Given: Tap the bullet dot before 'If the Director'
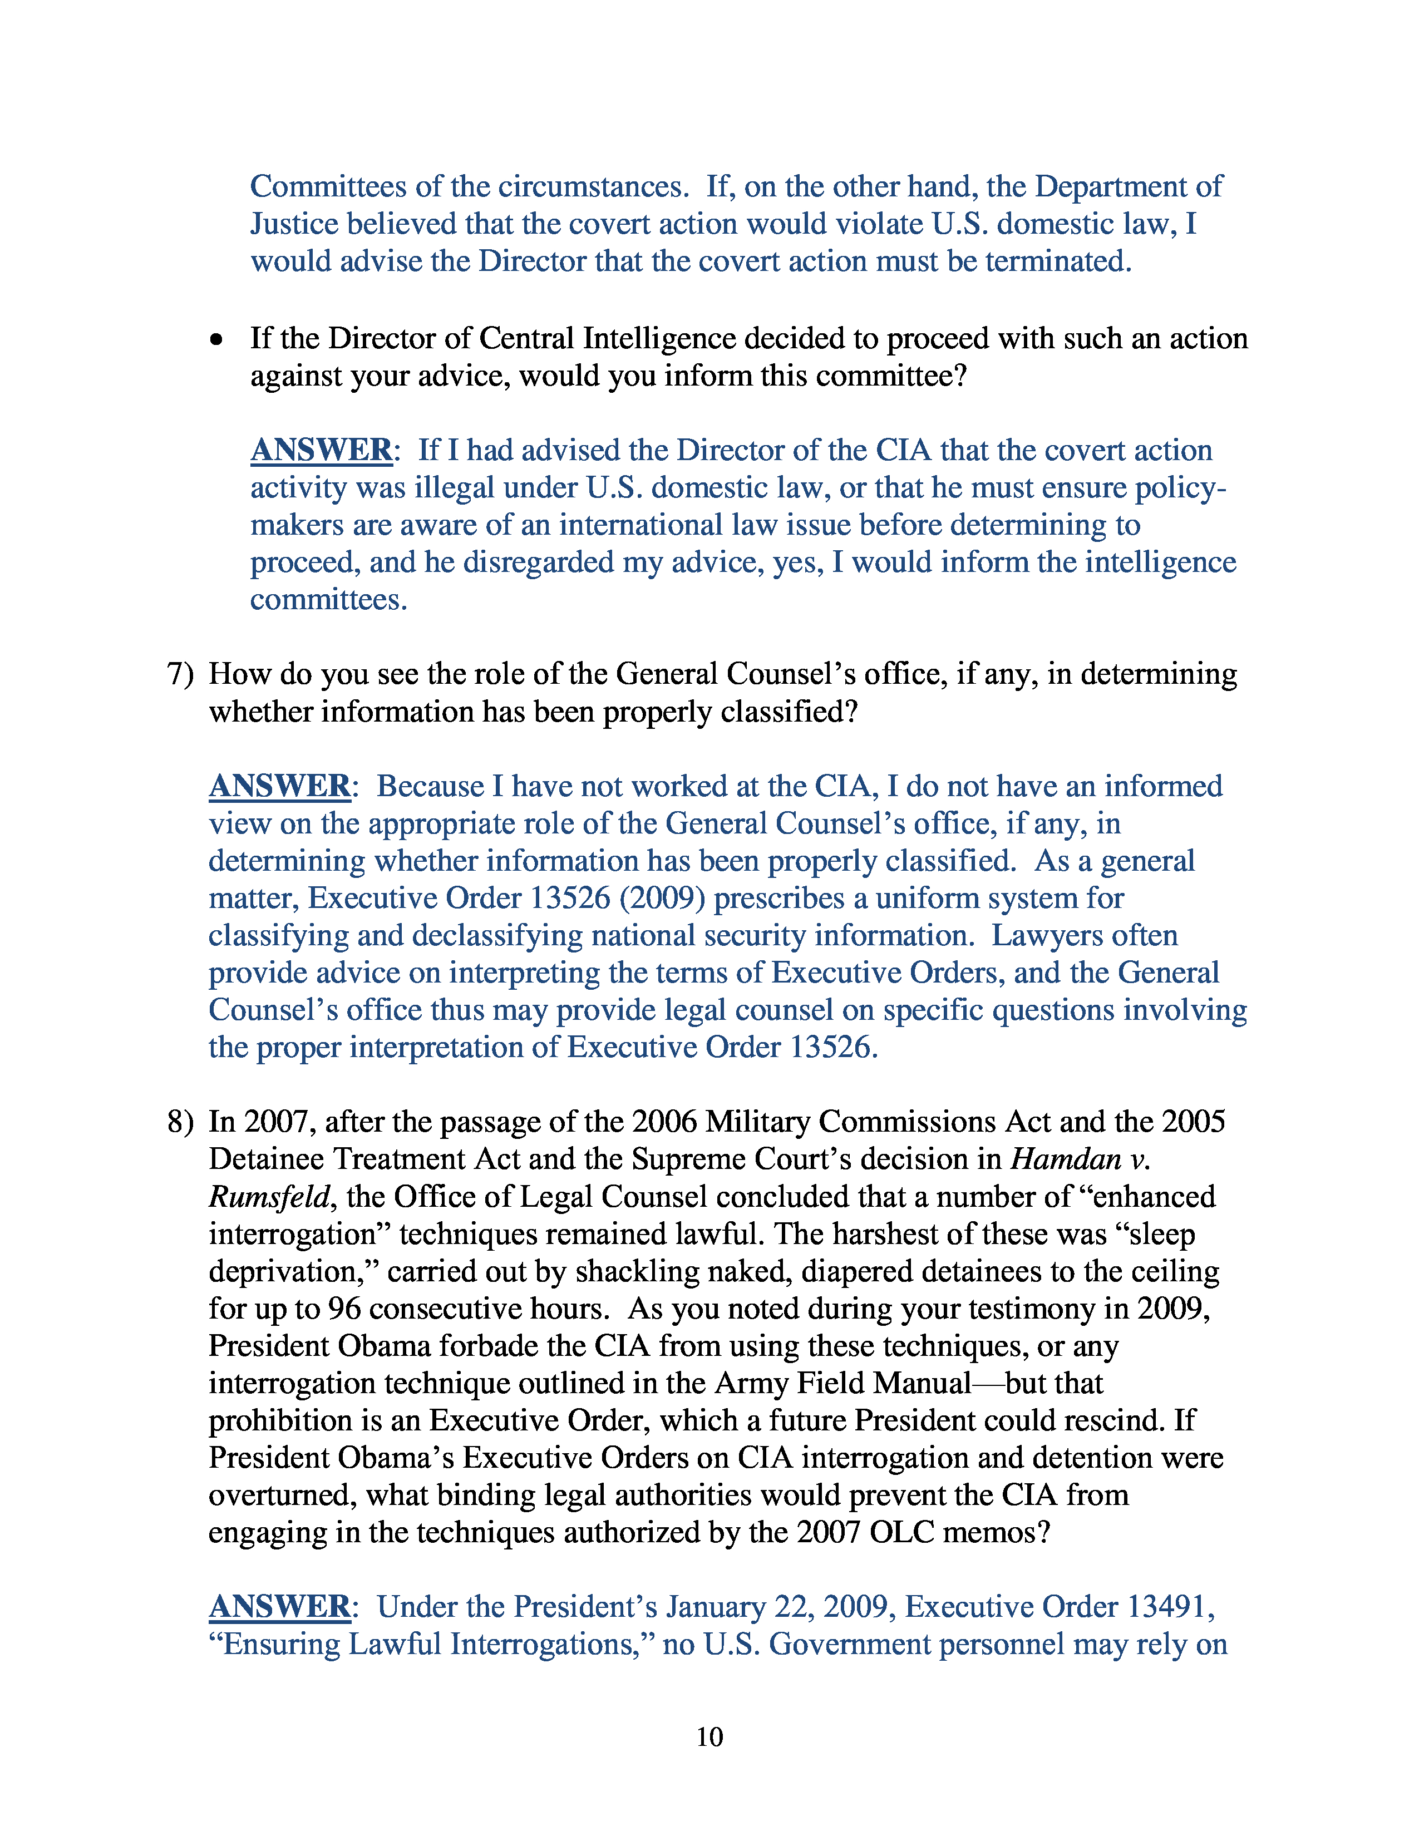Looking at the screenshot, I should (217, 339).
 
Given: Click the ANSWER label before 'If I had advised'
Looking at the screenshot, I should (321, 451).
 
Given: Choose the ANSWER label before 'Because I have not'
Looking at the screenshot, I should (279, 787).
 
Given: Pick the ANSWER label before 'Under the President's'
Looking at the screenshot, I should (279, 1607).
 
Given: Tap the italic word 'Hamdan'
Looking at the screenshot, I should (1065, 1159).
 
